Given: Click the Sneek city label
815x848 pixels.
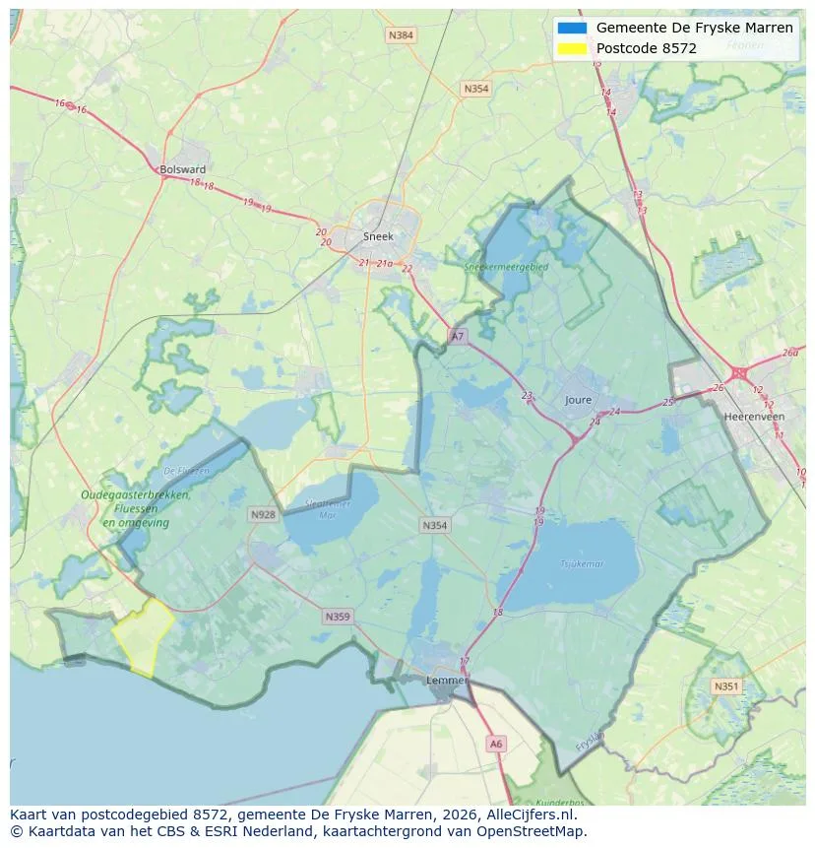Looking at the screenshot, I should click(378, 236).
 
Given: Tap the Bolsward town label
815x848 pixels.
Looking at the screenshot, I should click(182, 169).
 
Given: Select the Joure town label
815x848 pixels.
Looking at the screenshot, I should click(579, 400).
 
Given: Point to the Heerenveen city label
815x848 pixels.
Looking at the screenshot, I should click(753, 417).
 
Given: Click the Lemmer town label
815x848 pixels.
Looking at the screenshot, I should click(446, 681).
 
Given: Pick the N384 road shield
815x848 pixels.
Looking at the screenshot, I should click(401, 35).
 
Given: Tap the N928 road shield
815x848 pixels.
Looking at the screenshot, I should click(263, 514).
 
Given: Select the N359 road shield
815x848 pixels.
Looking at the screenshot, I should click(337, 617).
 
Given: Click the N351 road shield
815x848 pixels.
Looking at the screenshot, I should click(726, 686).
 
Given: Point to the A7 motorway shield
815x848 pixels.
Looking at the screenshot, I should click(457, 336).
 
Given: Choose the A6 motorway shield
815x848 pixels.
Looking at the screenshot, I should click(496, 745).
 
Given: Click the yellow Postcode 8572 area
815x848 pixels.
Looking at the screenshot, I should click(143, 636).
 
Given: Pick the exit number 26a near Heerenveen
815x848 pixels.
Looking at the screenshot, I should click(790, 353).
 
